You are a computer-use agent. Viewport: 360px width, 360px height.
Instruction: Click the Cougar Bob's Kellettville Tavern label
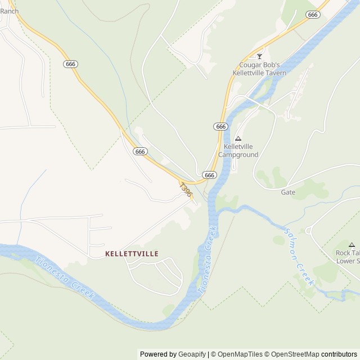tap(259, 69)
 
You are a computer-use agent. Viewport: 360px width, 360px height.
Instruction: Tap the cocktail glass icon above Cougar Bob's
tap(259, 56)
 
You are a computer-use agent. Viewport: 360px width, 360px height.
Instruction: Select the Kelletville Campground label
tap(238, 150)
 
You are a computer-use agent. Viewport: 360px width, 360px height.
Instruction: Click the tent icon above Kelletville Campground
tap(238, 138)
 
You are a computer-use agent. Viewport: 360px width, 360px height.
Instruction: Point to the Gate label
tap(288, 192)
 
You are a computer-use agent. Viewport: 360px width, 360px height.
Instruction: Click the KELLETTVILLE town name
tap(132, 254)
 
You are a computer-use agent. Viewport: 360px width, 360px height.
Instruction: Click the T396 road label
tap(186, 190)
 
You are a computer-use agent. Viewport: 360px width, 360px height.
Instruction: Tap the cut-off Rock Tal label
tap(348, 256)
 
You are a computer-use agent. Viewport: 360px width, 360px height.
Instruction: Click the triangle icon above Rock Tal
tap(352, 245)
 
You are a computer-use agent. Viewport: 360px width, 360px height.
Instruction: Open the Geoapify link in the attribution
tap(192, 354)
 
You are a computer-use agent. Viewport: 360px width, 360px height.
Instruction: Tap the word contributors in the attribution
tap(339, 354)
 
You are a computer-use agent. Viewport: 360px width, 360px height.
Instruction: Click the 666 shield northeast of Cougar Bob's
tap(313, 15)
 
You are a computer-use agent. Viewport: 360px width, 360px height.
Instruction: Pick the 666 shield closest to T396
tap(209, 175)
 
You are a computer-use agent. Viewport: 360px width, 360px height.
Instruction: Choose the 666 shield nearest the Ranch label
tap(70, 64)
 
